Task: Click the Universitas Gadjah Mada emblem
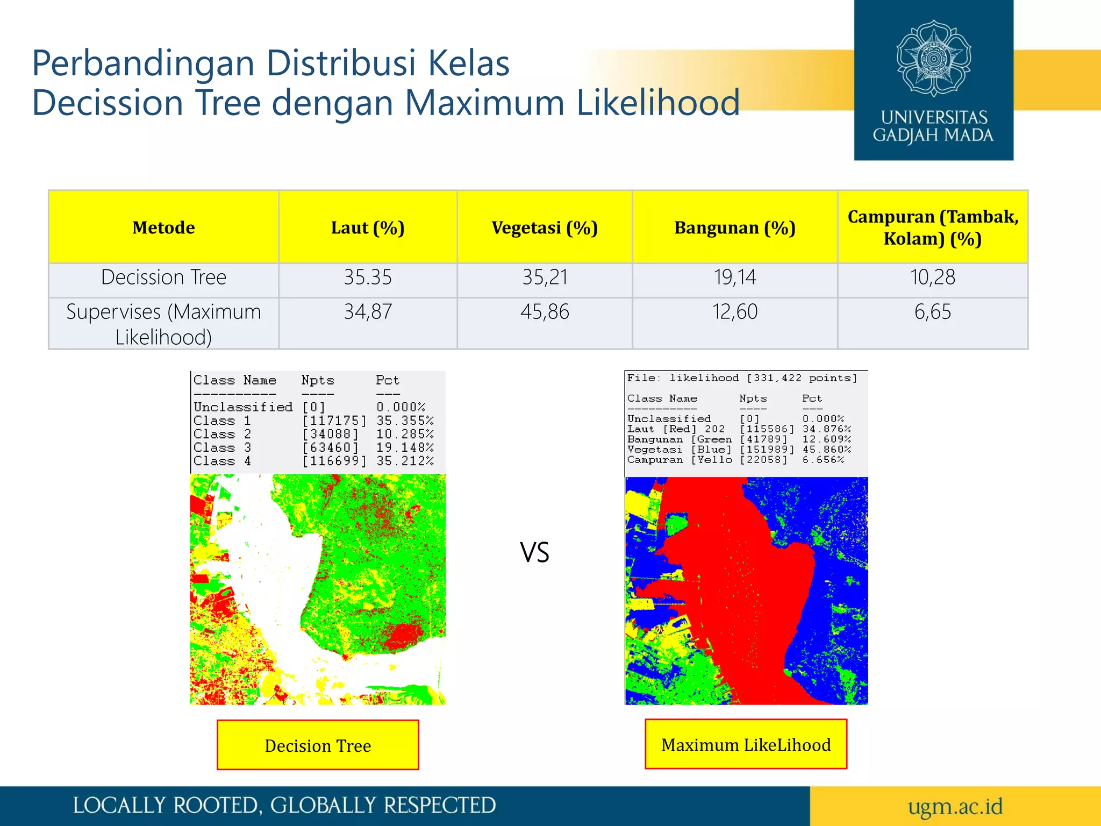[x=933, y=59]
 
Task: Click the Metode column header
[x=163, y=227]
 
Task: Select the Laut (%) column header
[x=368, y=227]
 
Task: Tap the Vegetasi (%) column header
[x=545, y=227]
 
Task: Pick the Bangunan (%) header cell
[x=735, y=227]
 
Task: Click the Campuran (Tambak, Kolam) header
[x=933, y=227]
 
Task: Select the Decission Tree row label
[x=163, y=277]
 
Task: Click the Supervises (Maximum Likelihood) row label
[x=163, y=324]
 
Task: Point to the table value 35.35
[x=368, y=277]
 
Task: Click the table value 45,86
[x=545, y=312]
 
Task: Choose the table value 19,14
[x=735, y=277]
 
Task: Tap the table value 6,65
[x=933, y=312]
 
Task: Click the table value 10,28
[x=933, y=277]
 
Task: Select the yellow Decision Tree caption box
[x=318, y=745]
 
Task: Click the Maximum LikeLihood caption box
[x=746, y=745]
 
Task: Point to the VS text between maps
[x=534, y=553]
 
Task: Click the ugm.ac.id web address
[x=955, y=806]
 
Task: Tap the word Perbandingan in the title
[x=143, y=63]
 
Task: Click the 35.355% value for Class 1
[x=405, y=421]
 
